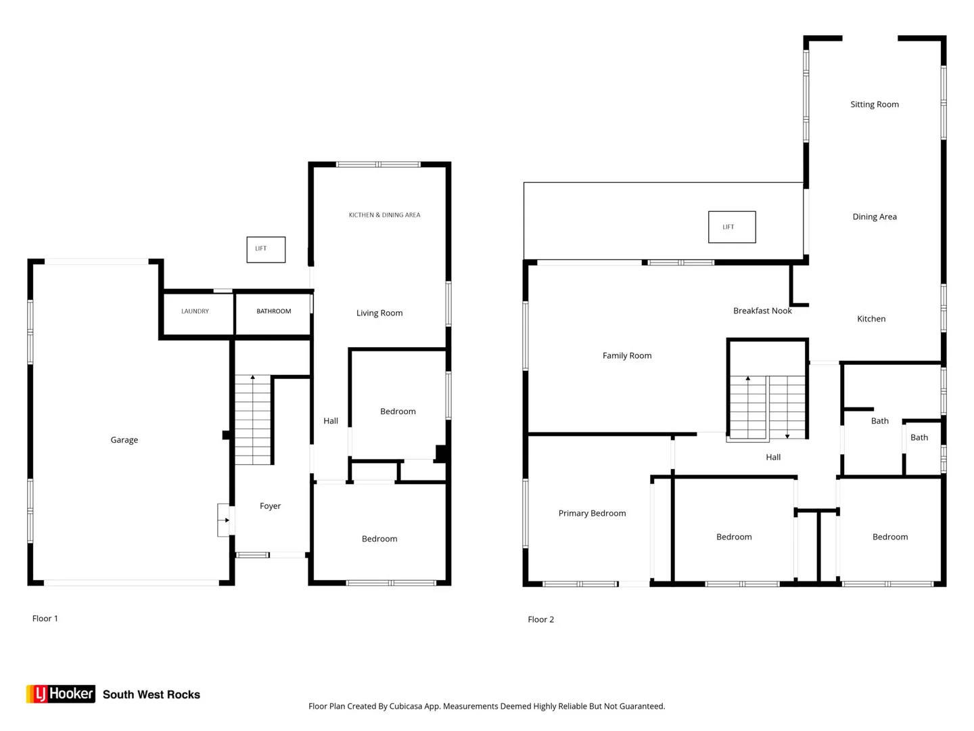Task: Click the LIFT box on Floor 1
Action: click(266, 250)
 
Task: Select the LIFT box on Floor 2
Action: click(732, 227)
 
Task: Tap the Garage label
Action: click(124, 440)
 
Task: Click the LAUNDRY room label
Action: click(195, 311)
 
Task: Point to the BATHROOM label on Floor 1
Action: click(274, 311)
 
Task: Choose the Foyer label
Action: click(271, 506)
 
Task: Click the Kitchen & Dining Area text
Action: click(384, 215)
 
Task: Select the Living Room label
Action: click(379, 313)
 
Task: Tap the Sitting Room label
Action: click(875, 104)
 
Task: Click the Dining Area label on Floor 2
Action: click(875, 217)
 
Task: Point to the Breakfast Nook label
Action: click(762, 311)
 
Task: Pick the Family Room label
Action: click(627, 355)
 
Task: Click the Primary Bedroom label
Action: click(592, 513)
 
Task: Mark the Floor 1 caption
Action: click(45, 618)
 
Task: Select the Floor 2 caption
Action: click(541, 619)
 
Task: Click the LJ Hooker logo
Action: click(61, 694)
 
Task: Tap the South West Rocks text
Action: click(152, 694)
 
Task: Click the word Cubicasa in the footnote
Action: click(406, 706)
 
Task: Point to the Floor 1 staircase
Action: click(252, 420)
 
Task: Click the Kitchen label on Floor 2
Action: click(871, 319)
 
